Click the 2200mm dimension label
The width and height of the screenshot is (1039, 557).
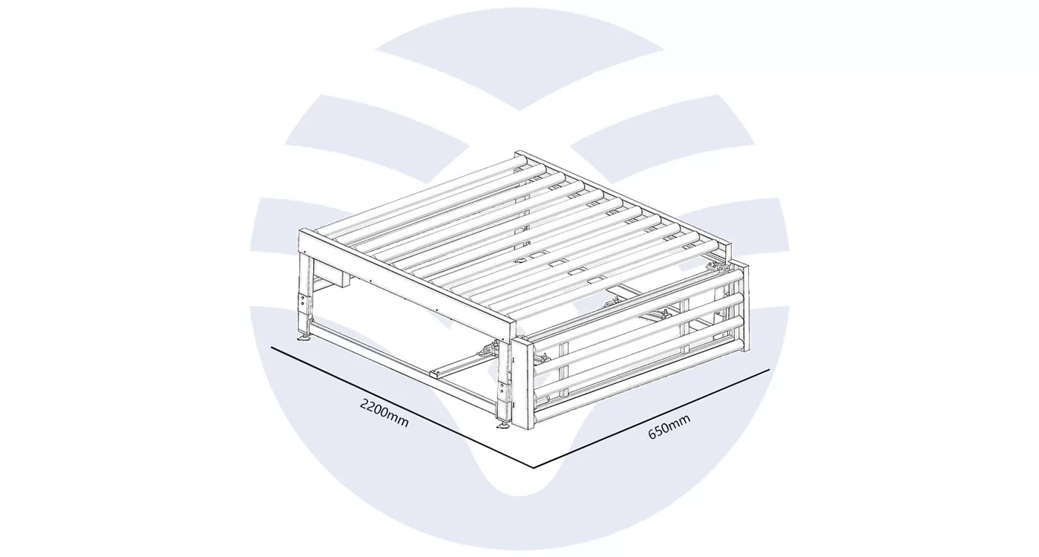pyautogui.click(x=384, y=413)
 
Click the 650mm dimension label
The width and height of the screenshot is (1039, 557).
pyautogui.click(x=669, y=426)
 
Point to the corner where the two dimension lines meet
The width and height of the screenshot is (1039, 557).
pyautogui.click(x=534, y=467)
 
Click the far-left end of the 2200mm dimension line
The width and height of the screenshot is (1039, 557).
pyautogui.click(x=272, y=348)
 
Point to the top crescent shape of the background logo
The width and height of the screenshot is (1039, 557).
pyautogui.click(x=519, y=58)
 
